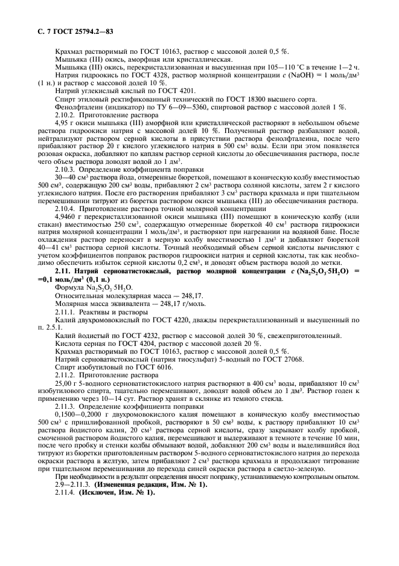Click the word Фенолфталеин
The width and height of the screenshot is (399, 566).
(x=77, y=106)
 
